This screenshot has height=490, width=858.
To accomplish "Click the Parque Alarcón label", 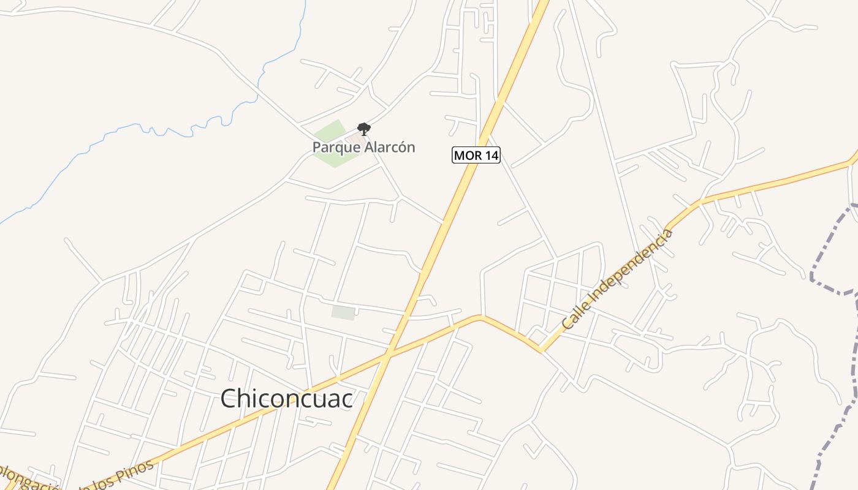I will pos(363,147).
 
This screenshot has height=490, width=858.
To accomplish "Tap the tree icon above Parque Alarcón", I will pos(364,129).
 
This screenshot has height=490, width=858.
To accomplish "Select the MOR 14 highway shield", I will pos(476,155).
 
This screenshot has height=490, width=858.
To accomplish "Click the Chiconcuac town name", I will pos(286,399).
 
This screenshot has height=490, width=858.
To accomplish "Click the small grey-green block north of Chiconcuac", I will pos(343,312).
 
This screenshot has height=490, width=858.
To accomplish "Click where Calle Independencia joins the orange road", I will pos(541,350).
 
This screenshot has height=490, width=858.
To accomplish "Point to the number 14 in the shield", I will pos(490,155).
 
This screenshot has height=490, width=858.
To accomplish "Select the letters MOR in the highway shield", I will pos(468,155).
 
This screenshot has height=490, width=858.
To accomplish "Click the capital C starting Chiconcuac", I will pos(229,399).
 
